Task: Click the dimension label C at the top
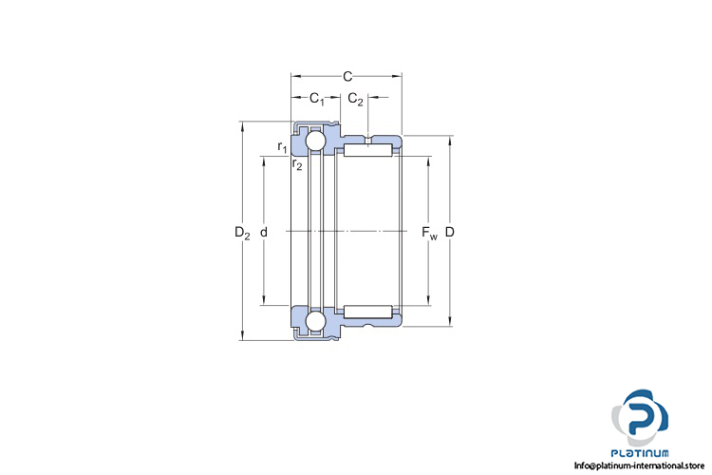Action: click(x=347, y=76)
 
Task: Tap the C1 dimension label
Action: click(x=317, y=99)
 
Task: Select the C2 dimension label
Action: click(x=355, y=99)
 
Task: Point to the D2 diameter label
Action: click(x=242, y=233)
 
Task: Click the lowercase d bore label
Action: click(x=264, y=232)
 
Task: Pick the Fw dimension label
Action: click(x=429, y=233)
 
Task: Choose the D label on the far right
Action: click(x=449, y=232)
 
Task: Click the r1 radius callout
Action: click(x=283, y=147)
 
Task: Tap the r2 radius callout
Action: click(x=297, y=164)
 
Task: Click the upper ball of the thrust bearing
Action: click(x=315, y=141)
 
